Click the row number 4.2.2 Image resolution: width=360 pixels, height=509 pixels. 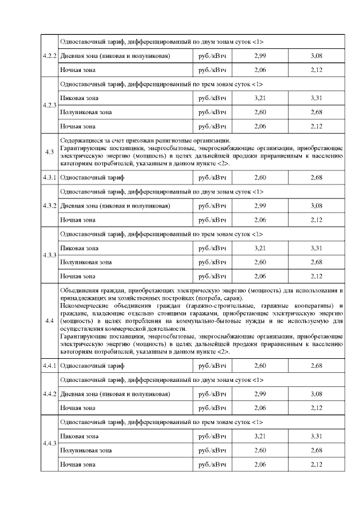(49, 56)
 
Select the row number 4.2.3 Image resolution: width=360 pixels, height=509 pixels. (49, 105)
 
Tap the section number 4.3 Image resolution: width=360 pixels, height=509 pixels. (49, 152)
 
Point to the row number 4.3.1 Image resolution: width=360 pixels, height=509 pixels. (49, 177)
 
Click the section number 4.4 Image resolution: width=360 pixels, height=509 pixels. (49, 321)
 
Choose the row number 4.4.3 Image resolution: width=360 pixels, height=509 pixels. (49, 443)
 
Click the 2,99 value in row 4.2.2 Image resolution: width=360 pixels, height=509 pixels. (260, 56)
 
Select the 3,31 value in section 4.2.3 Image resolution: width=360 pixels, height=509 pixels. (316, 98)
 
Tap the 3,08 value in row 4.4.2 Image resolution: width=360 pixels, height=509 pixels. (316, 394)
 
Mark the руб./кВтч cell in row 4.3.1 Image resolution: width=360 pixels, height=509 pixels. (212, 177)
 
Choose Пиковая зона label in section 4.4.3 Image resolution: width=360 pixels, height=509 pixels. (79, 436)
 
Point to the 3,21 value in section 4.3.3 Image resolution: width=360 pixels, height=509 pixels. (260, 247)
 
